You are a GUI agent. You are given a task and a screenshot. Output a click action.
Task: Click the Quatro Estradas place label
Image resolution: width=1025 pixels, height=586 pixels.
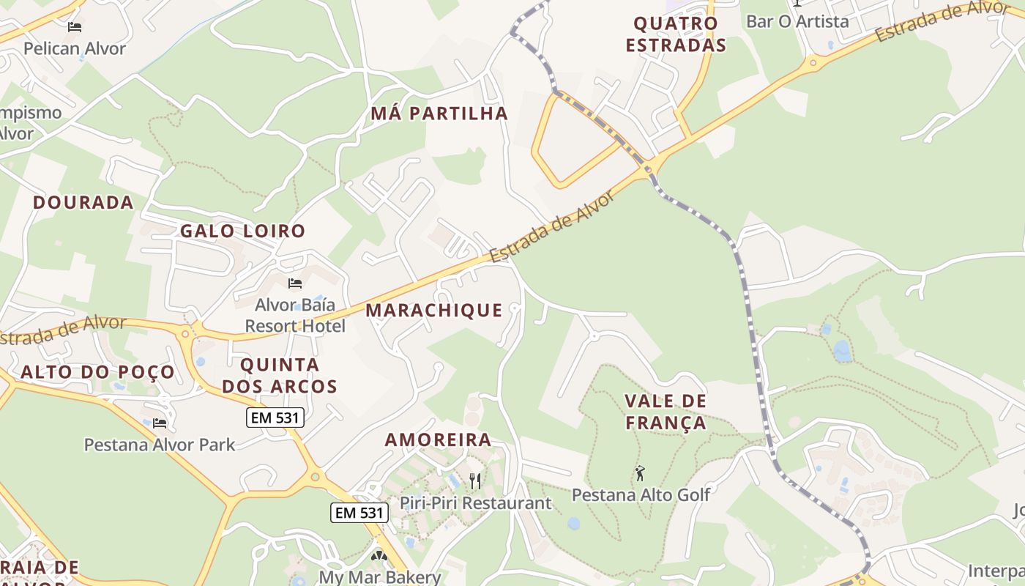(x=675, y=34)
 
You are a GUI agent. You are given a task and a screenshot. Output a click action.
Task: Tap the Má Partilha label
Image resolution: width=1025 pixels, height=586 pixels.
(x=439, y=114)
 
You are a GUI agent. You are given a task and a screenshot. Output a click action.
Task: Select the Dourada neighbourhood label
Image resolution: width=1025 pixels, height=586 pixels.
(x=83, y=203)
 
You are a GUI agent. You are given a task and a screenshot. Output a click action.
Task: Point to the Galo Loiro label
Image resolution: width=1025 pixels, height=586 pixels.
(x=242, y=231)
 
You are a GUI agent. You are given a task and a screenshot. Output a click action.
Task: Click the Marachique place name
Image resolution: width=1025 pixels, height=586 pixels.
(x=434, y=311)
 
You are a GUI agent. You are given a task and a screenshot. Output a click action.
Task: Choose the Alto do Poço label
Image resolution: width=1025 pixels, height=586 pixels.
(x=98, y=372)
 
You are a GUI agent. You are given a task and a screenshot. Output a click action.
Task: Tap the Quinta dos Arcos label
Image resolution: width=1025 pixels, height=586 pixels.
(x=280, y=376)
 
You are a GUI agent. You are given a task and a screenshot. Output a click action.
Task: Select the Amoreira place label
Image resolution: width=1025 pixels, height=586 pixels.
(x=438, y=440)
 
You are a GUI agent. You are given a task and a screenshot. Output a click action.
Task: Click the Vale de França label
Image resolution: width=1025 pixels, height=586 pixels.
(x=666, y=412)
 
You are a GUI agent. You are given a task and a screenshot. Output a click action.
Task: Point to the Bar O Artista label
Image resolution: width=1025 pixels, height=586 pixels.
(x=797, y=21)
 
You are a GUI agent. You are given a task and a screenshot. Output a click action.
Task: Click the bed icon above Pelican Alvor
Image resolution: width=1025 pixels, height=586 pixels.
(x=75, y=27)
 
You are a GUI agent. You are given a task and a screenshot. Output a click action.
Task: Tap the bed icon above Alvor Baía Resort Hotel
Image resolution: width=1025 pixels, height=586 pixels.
(x=295, y=283)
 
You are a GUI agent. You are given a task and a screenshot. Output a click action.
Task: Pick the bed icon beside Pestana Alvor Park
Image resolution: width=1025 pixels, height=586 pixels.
(x=160, y=423)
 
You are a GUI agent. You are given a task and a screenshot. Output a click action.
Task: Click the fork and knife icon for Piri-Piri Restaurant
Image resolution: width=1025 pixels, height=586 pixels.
(x=475, y=481)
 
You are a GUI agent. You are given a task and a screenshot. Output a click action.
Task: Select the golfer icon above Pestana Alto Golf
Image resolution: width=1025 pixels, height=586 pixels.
(x=641, y=473)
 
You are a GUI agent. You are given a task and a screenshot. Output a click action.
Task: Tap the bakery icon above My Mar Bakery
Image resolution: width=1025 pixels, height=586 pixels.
(x=379, y=557)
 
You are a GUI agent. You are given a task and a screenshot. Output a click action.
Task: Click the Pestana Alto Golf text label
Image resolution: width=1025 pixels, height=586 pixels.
(x=641, y=494)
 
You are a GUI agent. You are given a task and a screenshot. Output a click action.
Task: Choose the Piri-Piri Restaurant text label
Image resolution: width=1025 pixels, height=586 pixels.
(x=475, y=503)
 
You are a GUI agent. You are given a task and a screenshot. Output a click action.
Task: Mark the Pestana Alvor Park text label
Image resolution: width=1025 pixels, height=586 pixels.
(x=160, y=445)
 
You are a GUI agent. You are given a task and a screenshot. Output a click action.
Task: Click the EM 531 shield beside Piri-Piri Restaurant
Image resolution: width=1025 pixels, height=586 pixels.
(x=359, y=513)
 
